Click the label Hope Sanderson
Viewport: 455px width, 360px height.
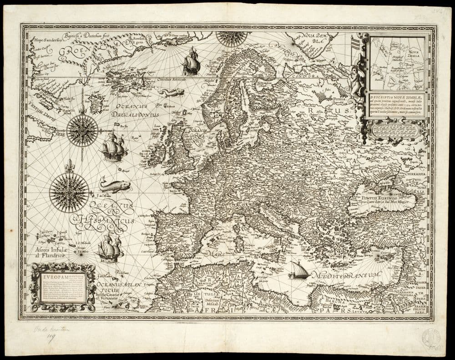(x=47, y=40)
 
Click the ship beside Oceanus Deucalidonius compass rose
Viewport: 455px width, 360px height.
(x=113, y=147)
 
